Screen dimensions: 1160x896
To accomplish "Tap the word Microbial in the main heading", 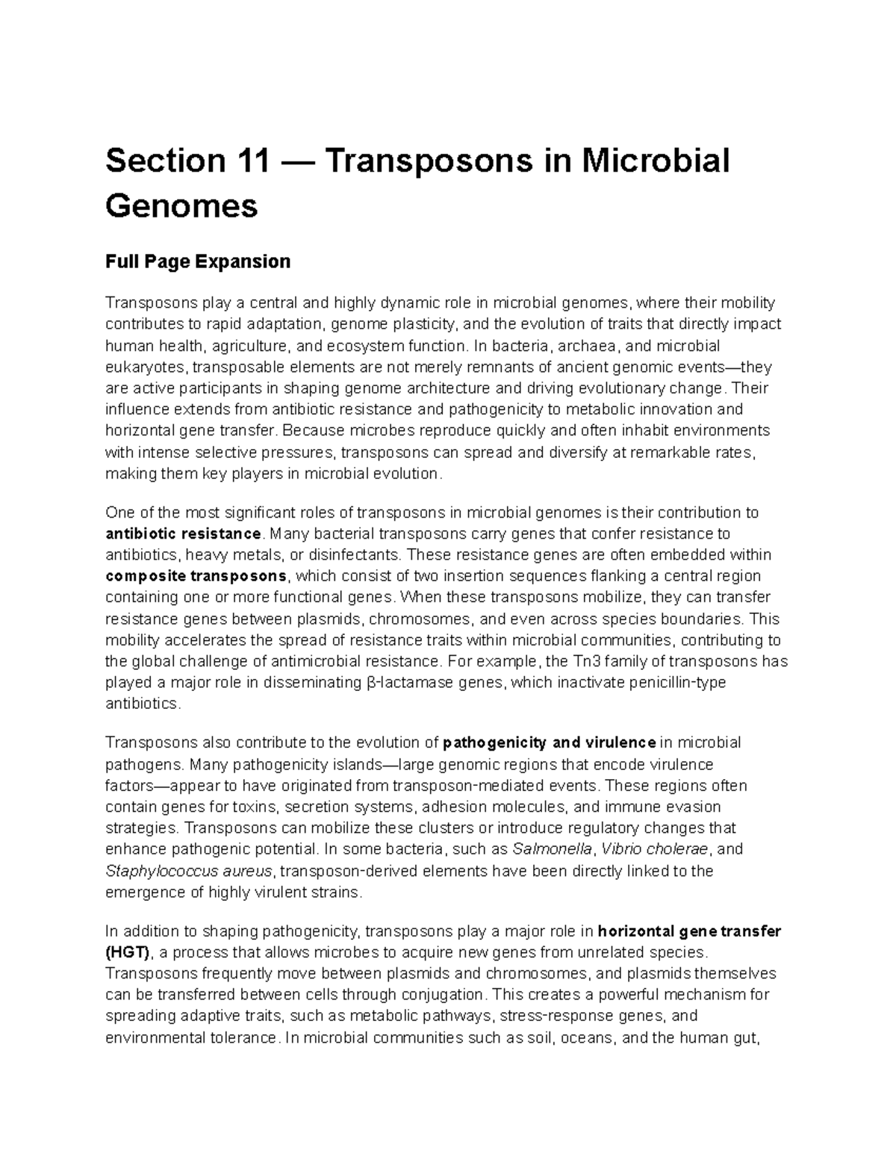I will tap(655, 161).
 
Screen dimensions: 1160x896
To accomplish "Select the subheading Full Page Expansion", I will tap(197, 261).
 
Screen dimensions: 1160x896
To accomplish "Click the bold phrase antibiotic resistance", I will tap(184, 533).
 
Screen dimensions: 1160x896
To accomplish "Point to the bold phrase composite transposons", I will tap(196, 576).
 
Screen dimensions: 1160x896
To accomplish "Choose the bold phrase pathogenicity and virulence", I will tap(549, 742).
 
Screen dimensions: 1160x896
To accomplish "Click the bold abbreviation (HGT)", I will tap(128, 952).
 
